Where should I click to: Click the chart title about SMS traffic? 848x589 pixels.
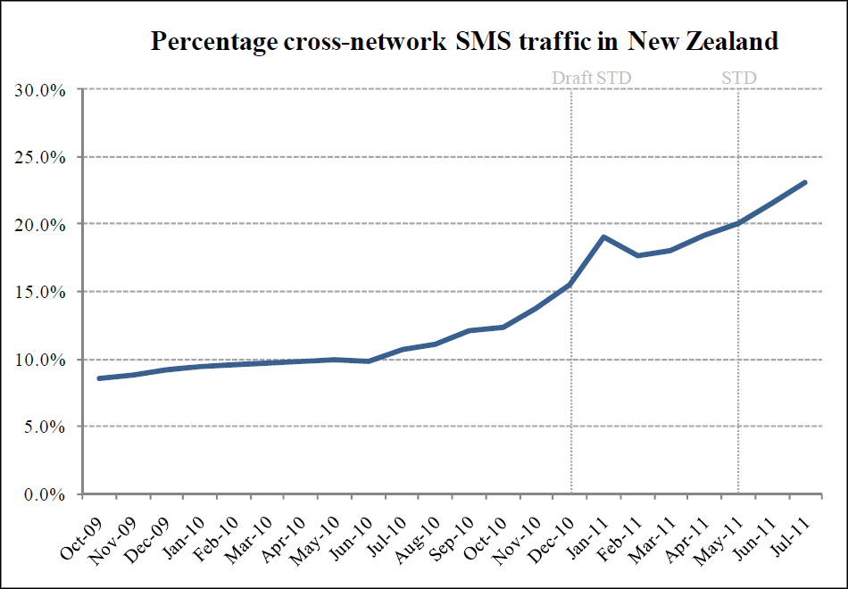point(464,41)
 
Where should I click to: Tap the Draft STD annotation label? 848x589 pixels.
point(591,78)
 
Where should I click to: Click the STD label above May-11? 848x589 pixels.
point(738,78)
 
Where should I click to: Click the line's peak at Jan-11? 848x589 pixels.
point(604,237)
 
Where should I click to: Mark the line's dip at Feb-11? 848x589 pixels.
point(638,255)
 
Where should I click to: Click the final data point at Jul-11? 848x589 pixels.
point(805,182)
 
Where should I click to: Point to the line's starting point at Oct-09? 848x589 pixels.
point(99,378)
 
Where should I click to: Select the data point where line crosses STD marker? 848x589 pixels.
point(738,223)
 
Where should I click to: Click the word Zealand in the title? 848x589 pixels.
point(724,41)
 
